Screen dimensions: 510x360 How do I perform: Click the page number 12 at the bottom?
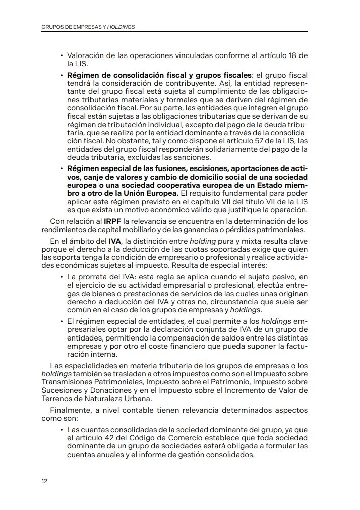pos(44,481)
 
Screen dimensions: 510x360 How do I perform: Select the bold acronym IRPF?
pos(109,221)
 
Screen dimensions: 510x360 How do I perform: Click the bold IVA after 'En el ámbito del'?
pos(115,241)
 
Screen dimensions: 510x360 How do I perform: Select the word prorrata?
pos(89,277)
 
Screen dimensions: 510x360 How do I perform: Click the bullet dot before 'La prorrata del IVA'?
pos(62,277)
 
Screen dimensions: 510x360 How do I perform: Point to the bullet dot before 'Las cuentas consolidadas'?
pos(62,429)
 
